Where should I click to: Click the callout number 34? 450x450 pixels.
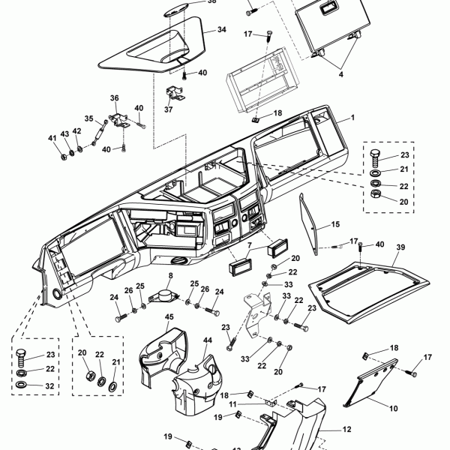pos(221,30)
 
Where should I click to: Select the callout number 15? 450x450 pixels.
pos(335,224)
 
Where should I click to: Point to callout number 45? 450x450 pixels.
pos(169,317)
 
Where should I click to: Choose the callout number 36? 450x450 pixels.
pos(115,98)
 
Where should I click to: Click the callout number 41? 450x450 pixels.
pos(52,137)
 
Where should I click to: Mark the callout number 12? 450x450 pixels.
pos(346,430)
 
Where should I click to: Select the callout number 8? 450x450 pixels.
pos(169,276)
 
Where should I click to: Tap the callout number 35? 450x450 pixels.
pos(88,118)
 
